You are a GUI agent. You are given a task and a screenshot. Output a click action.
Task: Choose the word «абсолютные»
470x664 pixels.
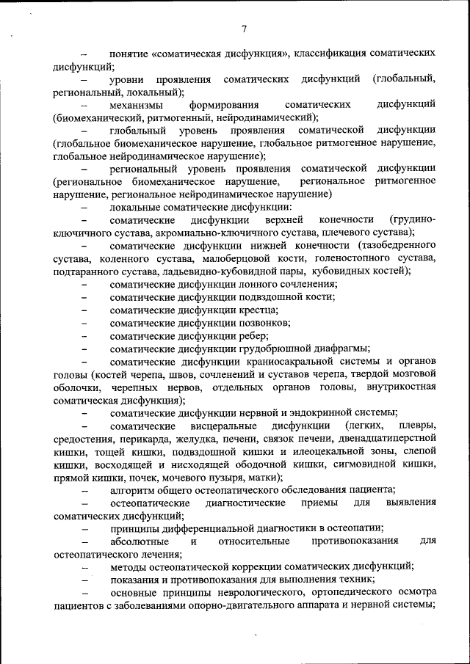137,541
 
